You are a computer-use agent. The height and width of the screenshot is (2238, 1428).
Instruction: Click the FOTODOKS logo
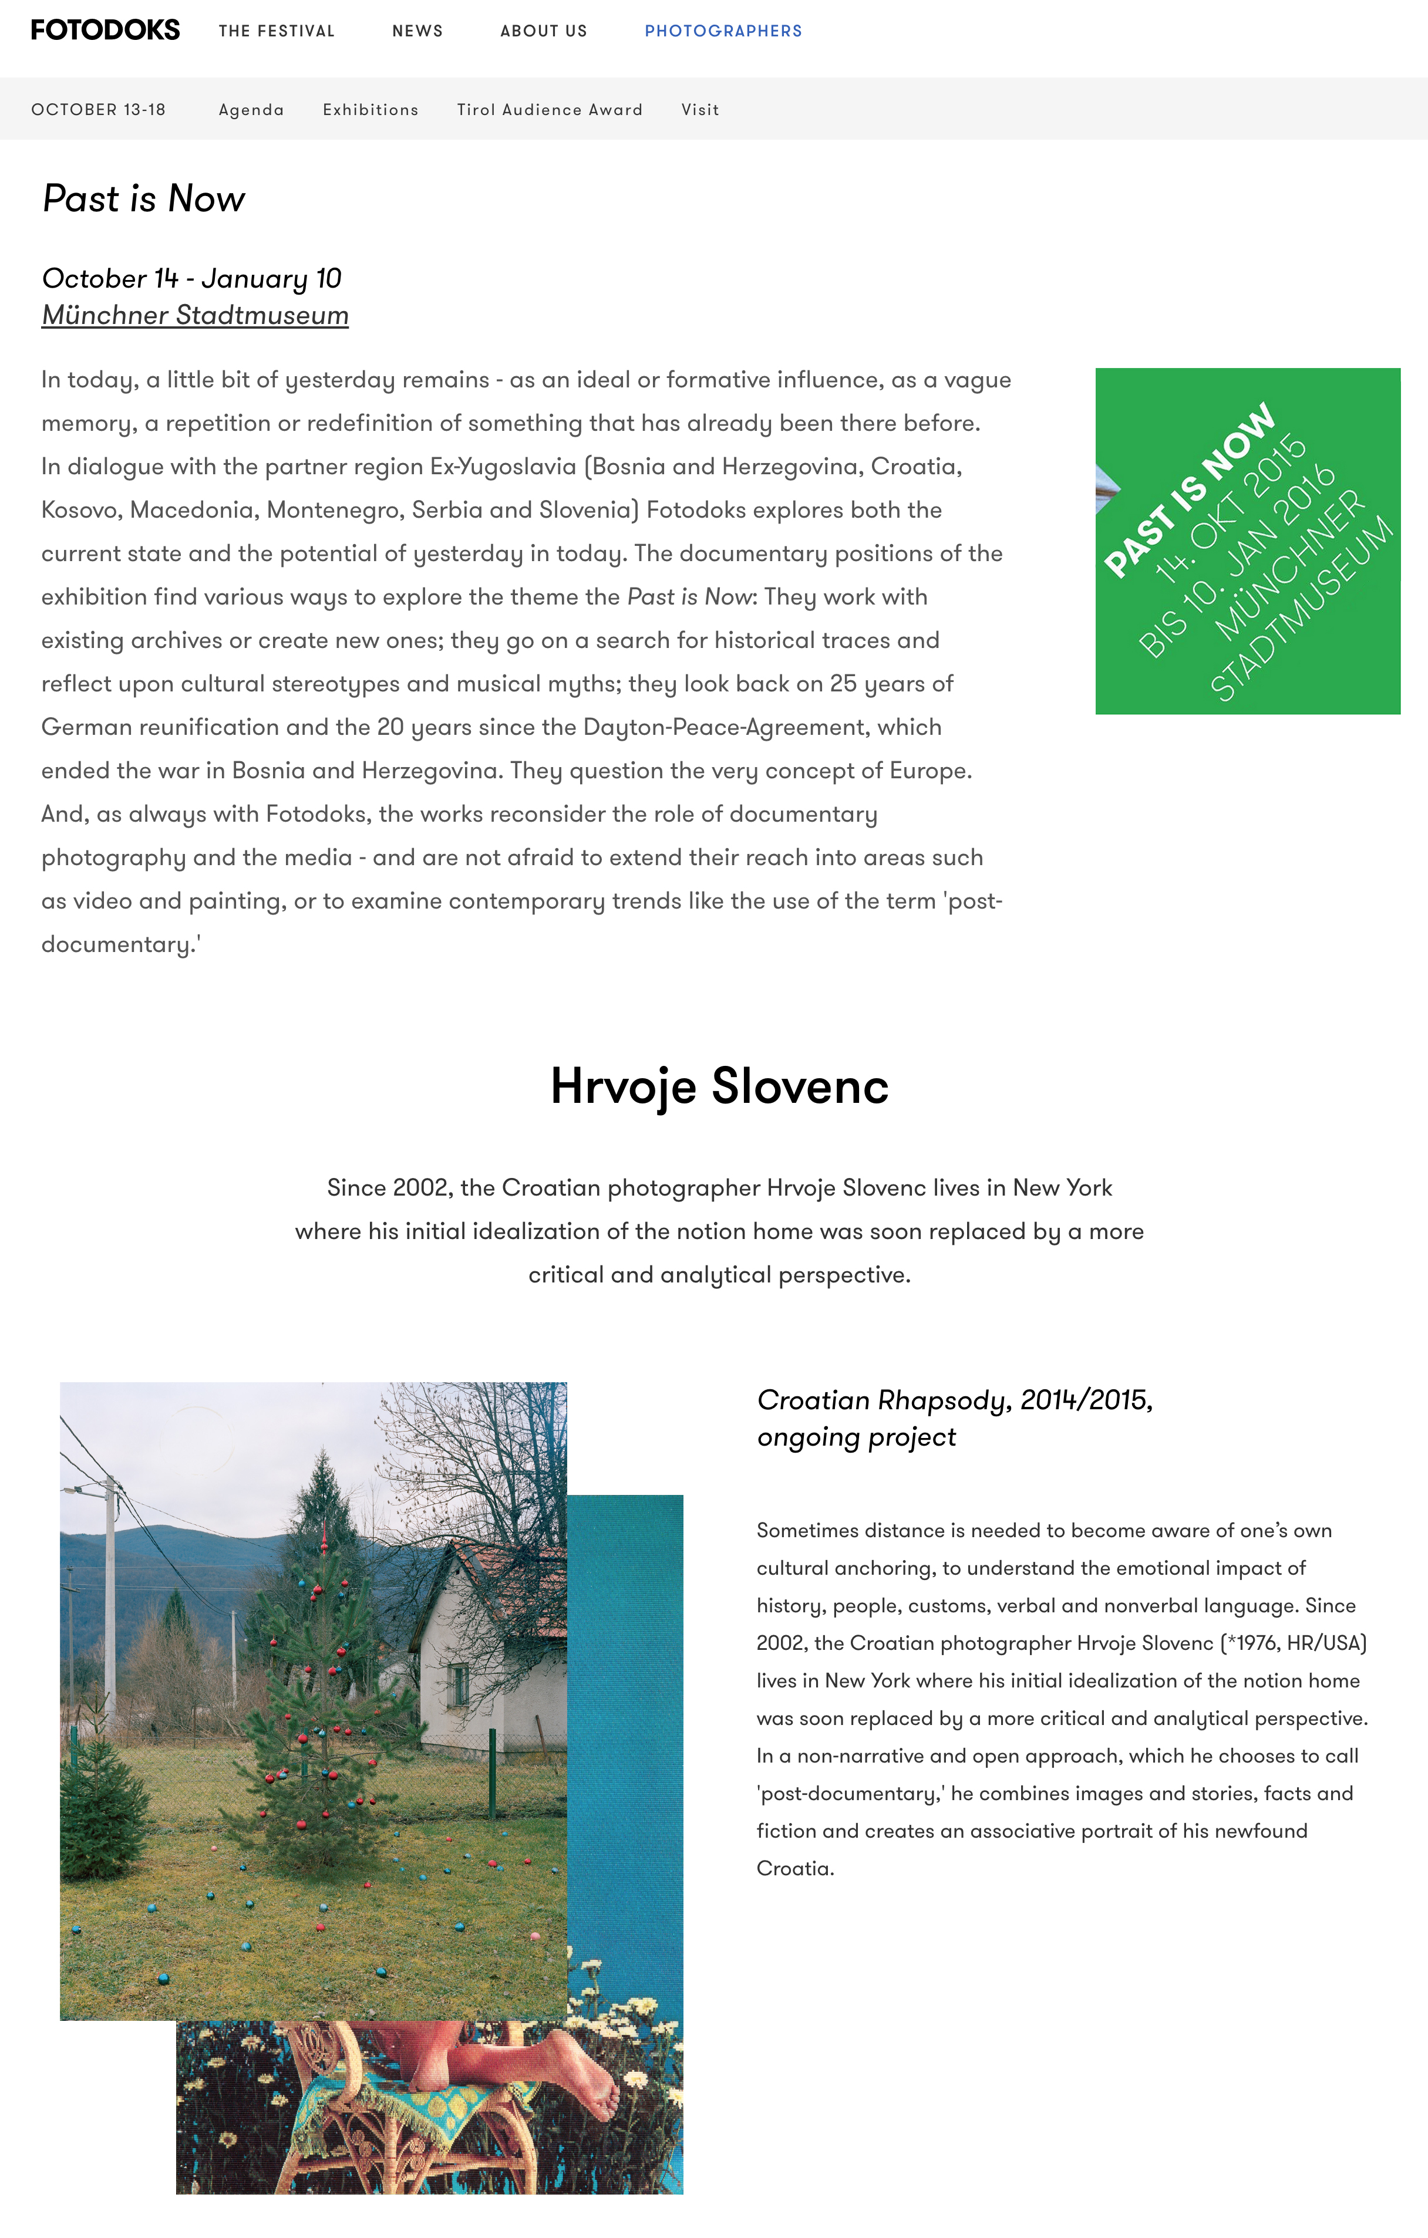tap(105, 30)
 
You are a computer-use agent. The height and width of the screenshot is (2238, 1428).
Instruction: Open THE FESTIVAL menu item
tap(276, 31)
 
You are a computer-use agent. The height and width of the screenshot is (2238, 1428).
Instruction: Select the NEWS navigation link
tap(417, 31)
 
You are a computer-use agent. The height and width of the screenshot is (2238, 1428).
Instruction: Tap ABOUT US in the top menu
tap(544, 31)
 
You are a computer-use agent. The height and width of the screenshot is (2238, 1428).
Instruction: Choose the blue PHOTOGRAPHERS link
tap(723, 31)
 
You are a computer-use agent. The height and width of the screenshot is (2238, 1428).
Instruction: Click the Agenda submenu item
tap(251, 110)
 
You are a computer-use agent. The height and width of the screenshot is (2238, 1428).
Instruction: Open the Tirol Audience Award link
tap(550, 110)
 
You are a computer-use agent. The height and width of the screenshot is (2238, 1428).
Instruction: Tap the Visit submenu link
tap(700, 110)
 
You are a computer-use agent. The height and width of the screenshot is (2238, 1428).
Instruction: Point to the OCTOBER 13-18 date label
tap(99, 110)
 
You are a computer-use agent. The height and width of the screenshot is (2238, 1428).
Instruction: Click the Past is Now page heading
tap(144, 199)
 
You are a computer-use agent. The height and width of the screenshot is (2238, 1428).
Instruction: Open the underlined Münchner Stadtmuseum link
tap(195, 315)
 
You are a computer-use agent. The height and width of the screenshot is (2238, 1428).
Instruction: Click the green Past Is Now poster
tap(1248, 541)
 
